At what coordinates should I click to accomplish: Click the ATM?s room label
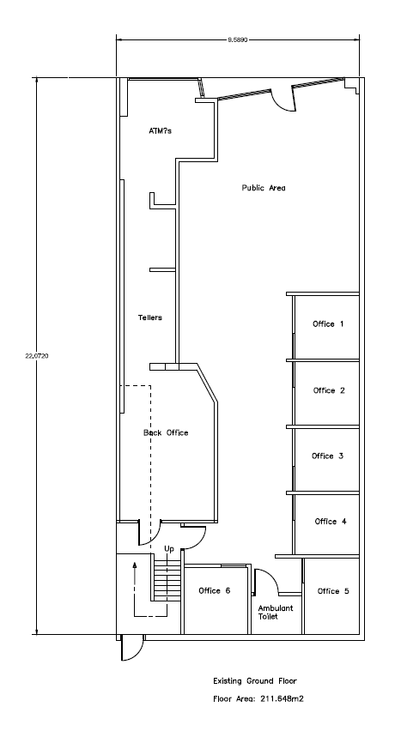tap(160, 131)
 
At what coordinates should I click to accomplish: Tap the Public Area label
tap(264, 188)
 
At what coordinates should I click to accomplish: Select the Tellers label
tap(150, 317)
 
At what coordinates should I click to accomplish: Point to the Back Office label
tap(166, 432)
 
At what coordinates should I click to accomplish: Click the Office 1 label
tap(328, 323)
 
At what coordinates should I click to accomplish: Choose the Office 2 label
tap(329, 390)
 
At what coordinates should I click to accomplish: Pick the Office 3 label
tap(327, 456)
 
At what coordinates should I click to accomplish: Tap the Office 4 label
tap(331, 521)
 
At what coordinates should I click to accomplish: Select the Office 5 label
tap(333, 591)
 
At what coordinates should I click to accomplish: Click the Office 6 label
tap(215, 590)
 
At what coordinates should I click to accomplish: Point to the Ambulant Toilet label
tap(276, 612)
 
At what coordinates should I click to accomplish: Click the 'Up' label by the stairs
tap(169, 549)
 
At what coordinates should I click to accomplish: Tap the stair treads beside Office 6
tap(167, 583)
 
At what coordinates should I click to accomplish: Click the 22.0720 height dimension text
tap(36, 356)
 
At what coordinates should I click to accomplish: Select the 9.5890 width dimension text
tap(237, 40)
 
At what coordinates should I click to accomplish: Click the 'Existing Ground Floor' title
tap(255, 681)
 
